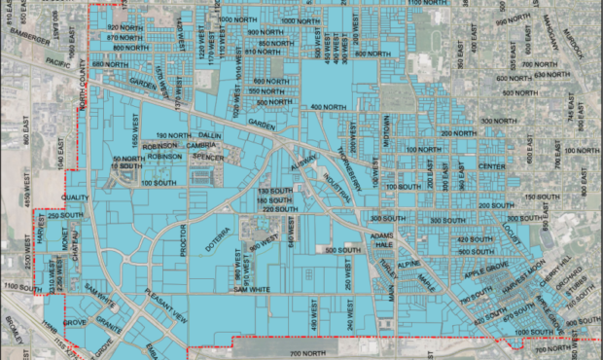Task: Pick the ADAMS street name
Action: click(381, 235)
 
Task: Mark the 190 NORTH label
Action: click(174, 135)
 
